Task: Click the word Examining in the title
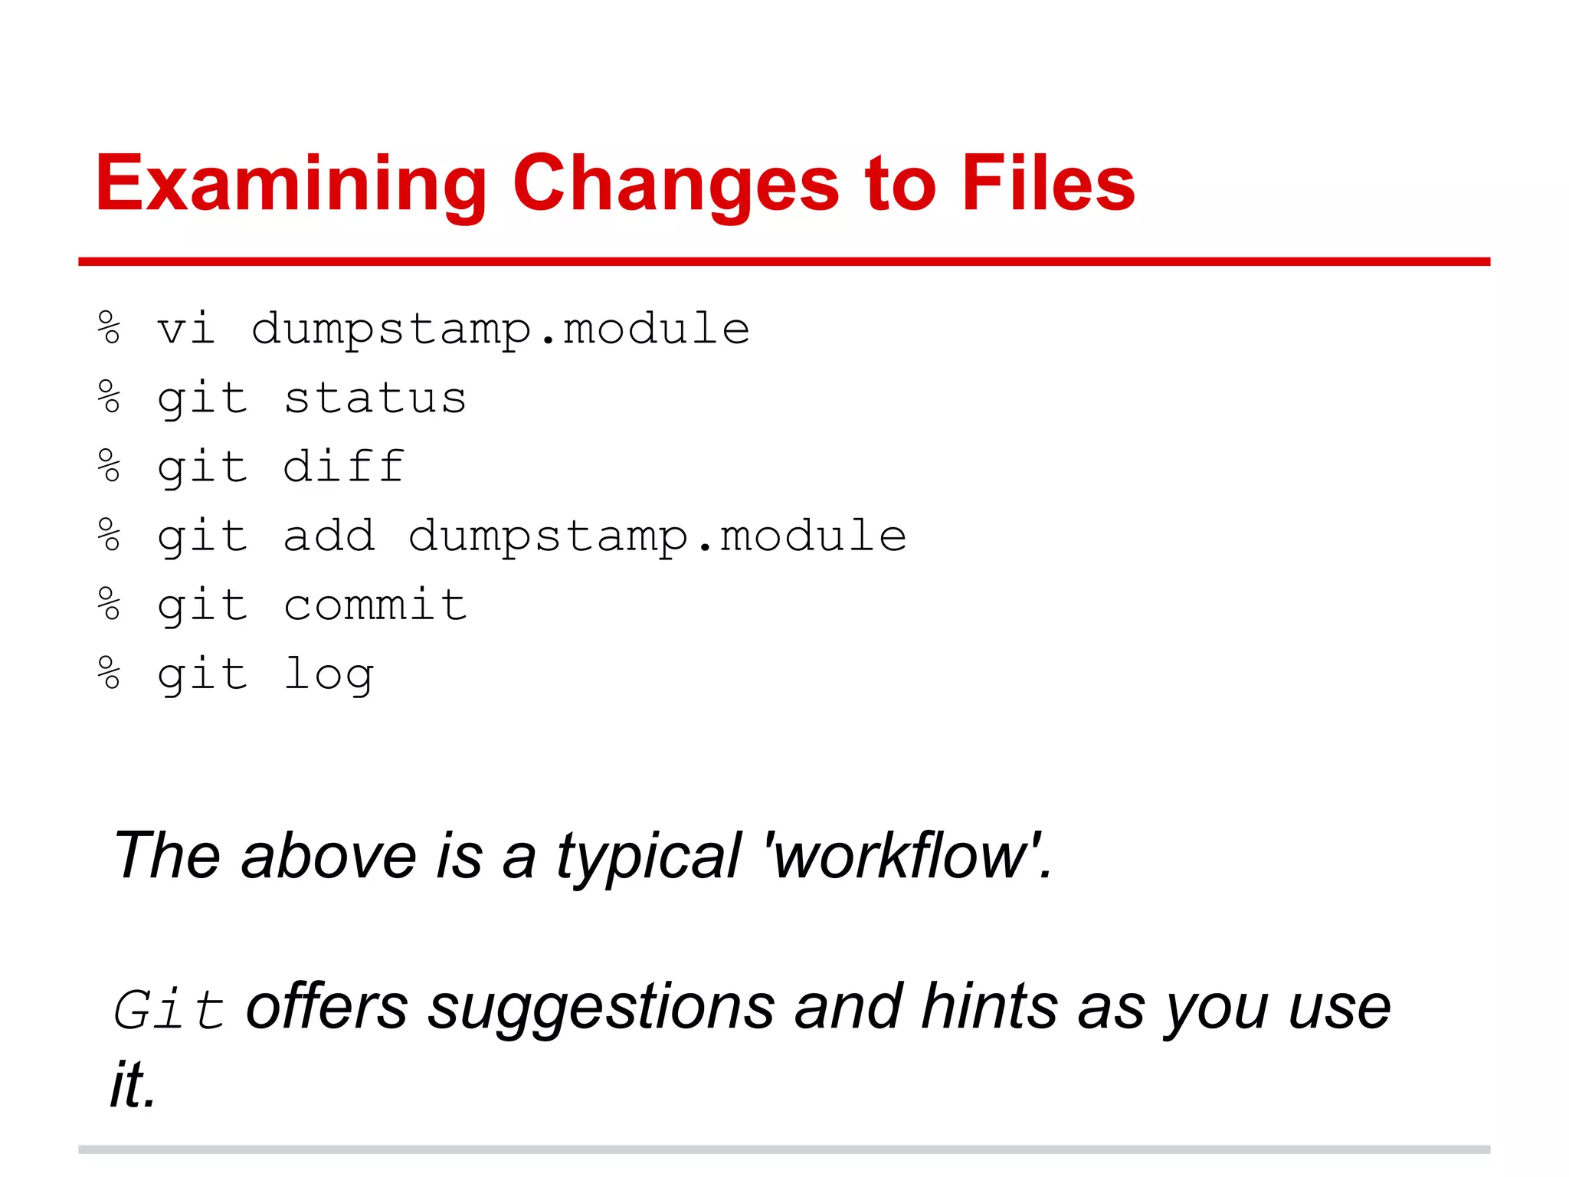pyautogui.click(x=291, y=184)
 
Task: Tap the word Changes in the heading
pyautogui.click(x=676, y=184)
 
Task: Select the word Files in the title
pyautogui.click(x=1047, y=184)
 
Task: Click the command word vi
pyautogui.click(x=185, y=329)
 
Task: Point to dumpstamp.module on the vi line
pyautogui.click(x=500, y=329)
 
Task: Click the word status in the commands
pyautogui.click(x=375, y=398)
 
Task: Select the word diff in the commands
pyautogui.click(x=343, y=467)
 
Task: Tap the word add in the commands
pyautogui.click(x=329, y=536)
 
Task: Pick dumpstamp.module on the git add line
pyautogui.click(x=657, y=536)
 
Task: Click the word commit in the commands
pyautogui.click(x=375, y=605)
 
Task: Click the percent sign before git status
pyautogui.click(x=110, y=397)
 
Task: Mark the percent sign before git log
pyautogui.click(x=110, y=673)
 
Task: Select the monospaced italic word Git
pyautogui.click(x=169, y=1010)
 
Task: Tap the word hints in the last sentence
pyautogui.click(x=990, y=1007)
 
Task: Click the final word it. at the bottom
pyautogui.click(x=133, y=1085)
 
